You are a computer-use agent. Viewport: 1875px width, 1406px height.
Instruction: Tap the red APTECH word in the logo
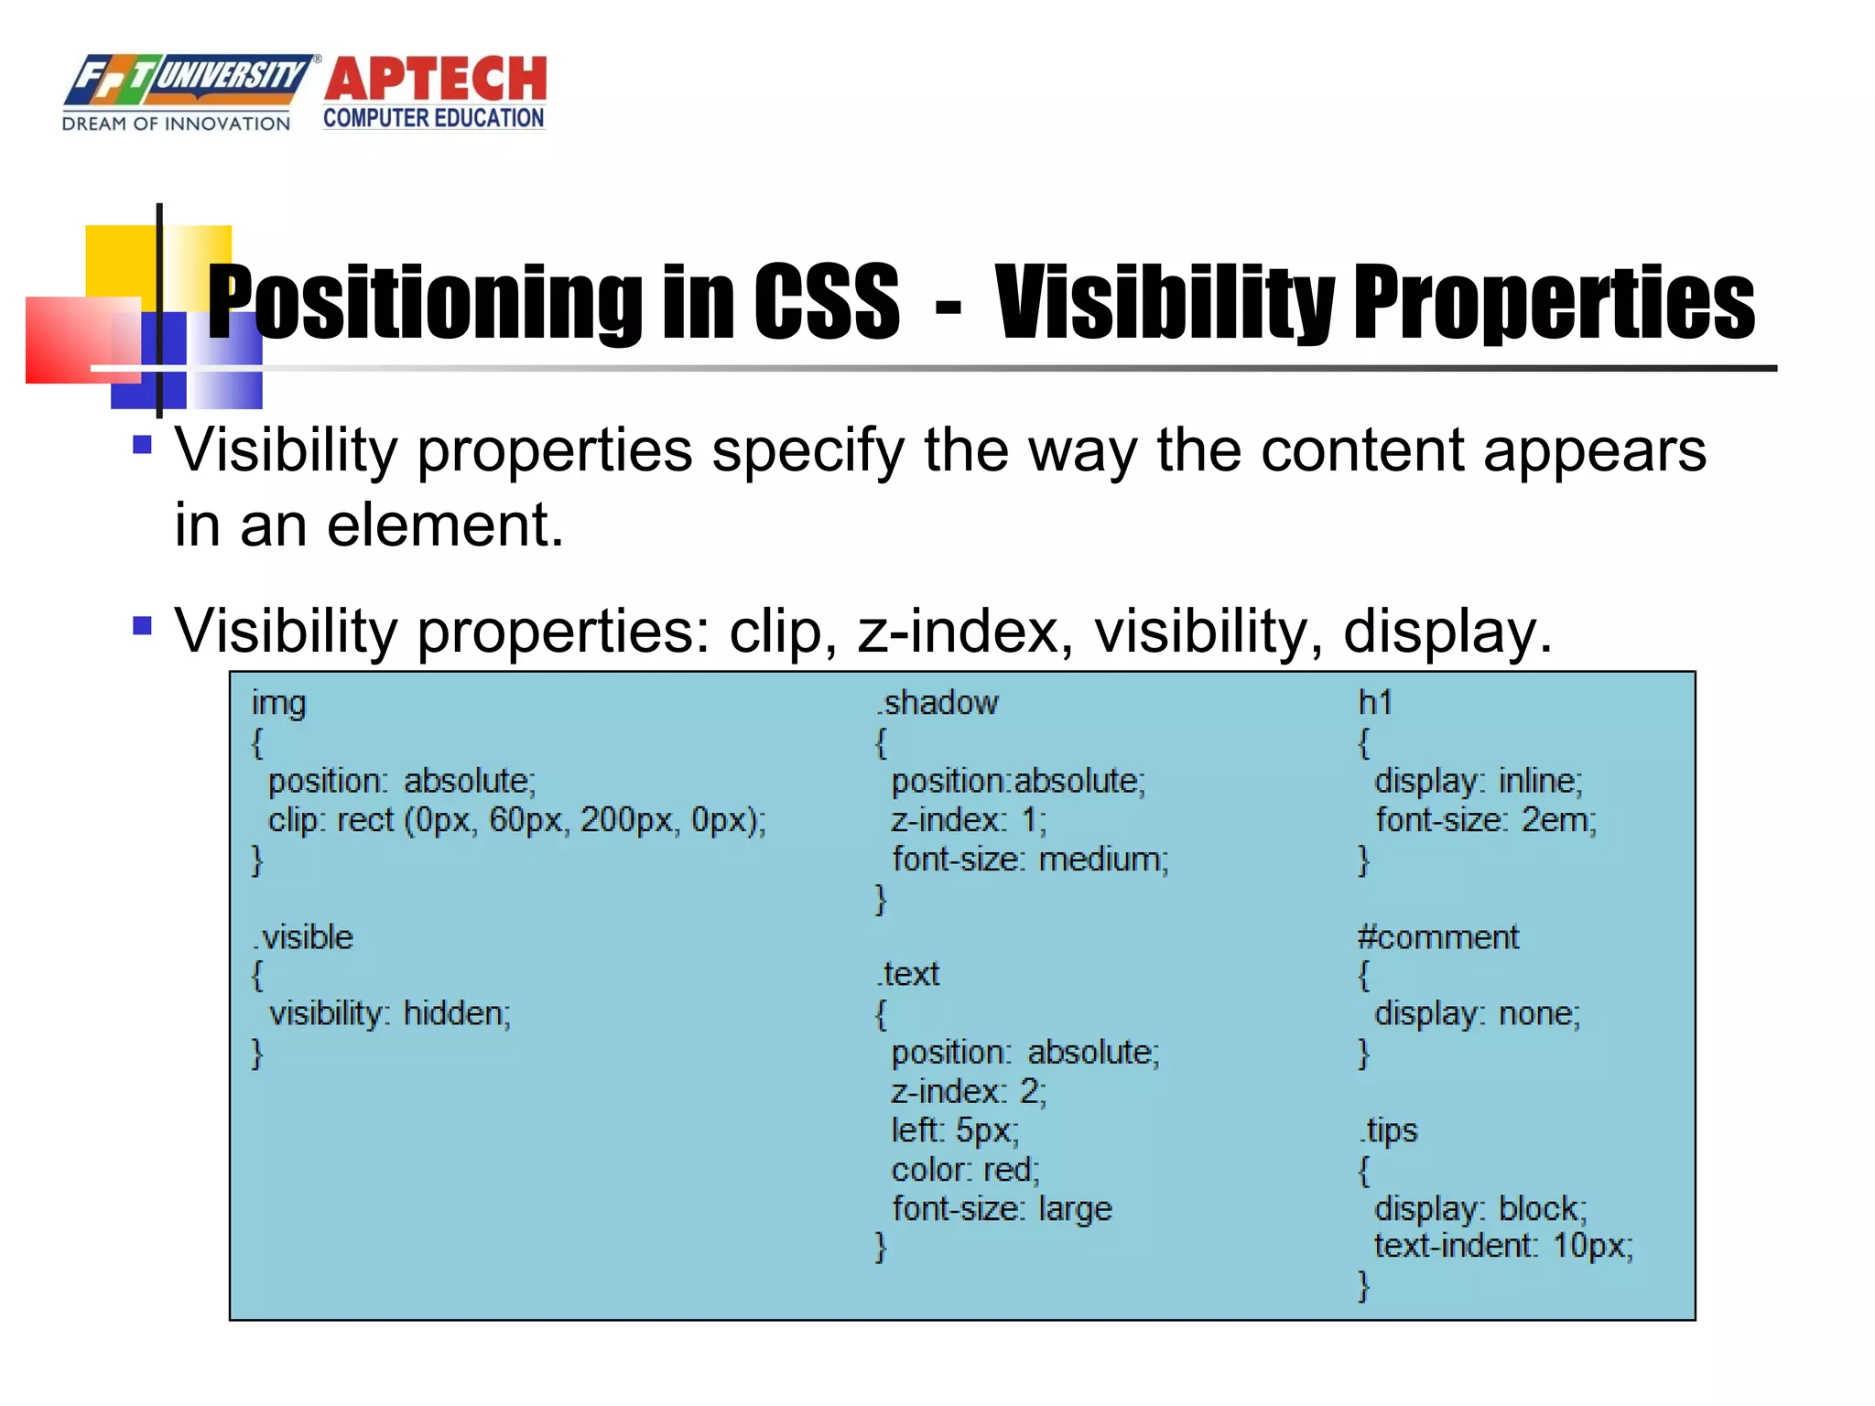tap(435, 80)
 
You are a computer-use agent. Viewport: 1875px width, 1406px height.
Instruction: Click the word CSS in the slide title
tap(826, 302)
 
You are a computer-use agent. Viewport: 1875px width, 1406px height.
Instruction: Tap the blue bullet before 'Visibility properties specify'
tap(142, 446)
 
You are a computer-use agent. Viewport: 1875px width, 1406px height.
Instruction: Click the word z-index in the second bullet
tap(958, 632)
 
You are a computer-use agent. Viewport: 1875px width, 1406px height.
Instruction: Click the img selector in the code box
tap(278, 703)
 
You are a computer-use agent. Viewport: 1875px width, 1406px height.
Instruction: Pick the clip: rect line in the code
tap(516, 820)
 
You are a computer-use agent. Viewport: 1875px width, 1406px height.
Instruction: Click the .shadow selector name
tap(937, 703)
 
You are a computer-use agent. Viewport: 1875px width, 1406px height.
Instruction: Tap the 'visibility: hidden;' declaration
tap(389, 1014)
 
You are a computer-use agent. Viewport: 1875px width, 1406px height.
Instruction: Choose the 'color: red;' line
tap(965, 1170)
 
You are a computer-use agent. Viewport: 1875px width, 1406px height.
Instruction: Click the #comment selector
tap(1436, 937)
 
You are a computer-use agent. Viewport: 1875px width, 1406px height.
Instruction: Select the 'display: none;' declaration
tap(1477, 1014)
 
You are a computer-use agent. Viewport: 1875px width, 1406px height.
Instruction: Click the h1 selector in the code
tap(1374, 703)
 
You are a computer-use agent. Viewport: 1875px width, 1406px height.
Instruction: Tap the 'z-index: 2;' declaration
tap(968, 1092)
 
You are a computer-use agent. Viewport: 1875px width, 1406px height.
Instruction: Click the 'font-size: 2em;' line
tap(1485, 820)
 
